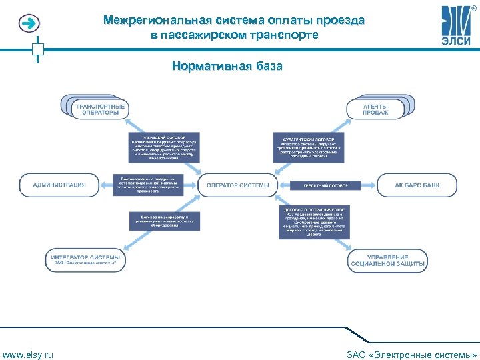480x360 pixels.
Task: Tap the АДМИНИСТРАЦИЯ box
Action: pyautogui.click(x=59, y=185)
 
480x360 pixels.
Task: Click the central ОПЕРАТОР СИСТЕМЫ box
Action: pyautogui.click(x=239, y=185)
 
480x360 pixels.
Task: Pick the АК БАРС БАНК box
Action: pyautogui.click(x=417, y=185)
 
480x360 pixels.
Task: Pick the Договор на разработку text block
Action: pyautogui.click(x=164, y=221)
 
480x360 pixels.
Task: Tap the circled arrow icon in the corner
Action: pyautogui.click(x=29, y=24)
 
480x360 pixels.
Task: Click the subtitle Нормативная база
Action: pyautogui.click(x=227, y=66)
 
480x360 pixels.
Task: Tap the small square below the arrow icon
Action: pyautogui.click(x=38, y=49)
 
